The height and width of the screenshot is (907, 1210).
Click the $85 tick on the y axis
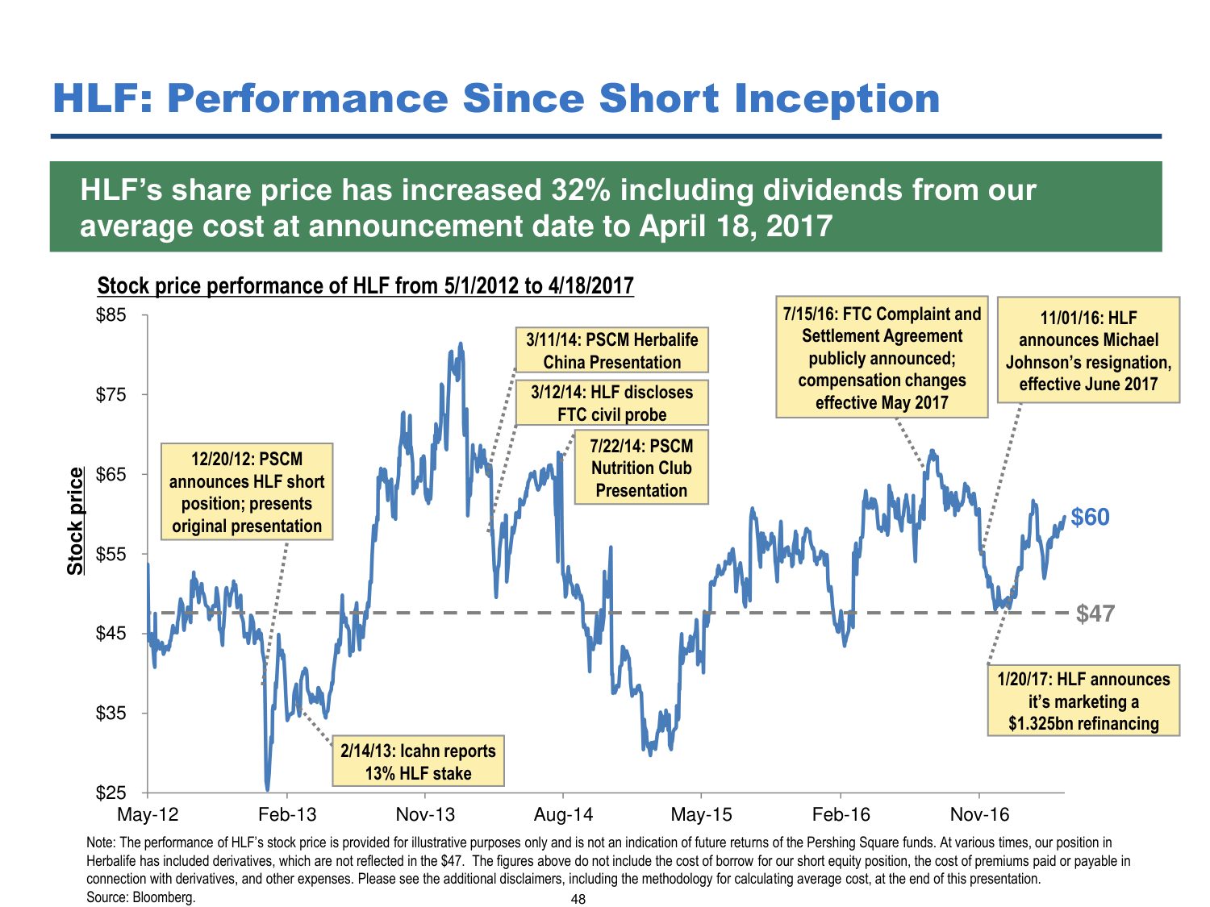111,315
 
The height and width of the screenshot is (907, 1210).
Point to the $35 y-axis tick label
111,714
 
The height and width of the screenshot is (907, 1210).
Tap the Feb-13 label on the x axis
287,814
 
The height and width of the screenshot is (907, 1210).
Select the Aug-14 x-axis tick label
563,814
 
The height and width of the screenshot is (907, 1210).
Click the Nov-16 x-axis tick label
979,814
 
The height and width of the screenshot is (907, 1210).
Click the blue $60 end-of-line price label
1090,517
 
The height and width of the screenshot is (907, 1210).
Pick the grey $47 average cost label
1095,614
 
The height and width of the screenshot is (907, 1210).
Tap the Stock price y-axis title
75,521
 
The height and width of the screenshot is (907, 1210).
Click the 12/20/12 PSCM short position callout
247,492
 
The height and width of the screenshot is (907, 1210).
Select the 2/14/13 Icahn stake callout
418,761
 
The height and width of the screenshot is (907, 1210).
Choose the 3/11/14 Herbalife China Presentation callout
611,351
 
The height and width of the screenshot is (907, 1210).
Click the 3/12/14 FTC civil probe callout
611,403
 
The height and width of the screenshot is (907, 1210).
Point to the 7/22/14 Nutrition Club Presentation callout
641,468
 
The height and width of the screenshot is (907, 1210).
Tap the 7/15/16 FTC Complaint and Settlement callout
882,357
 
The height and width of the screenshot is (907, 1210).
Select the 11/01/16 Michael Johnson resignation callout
1088,351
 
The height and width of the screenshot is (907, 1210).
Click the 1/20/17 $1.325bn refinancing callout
1083,701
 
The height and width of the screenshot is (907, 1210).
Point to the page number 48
578,899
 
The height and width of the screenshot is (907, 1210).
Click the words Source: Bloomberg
141,897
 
